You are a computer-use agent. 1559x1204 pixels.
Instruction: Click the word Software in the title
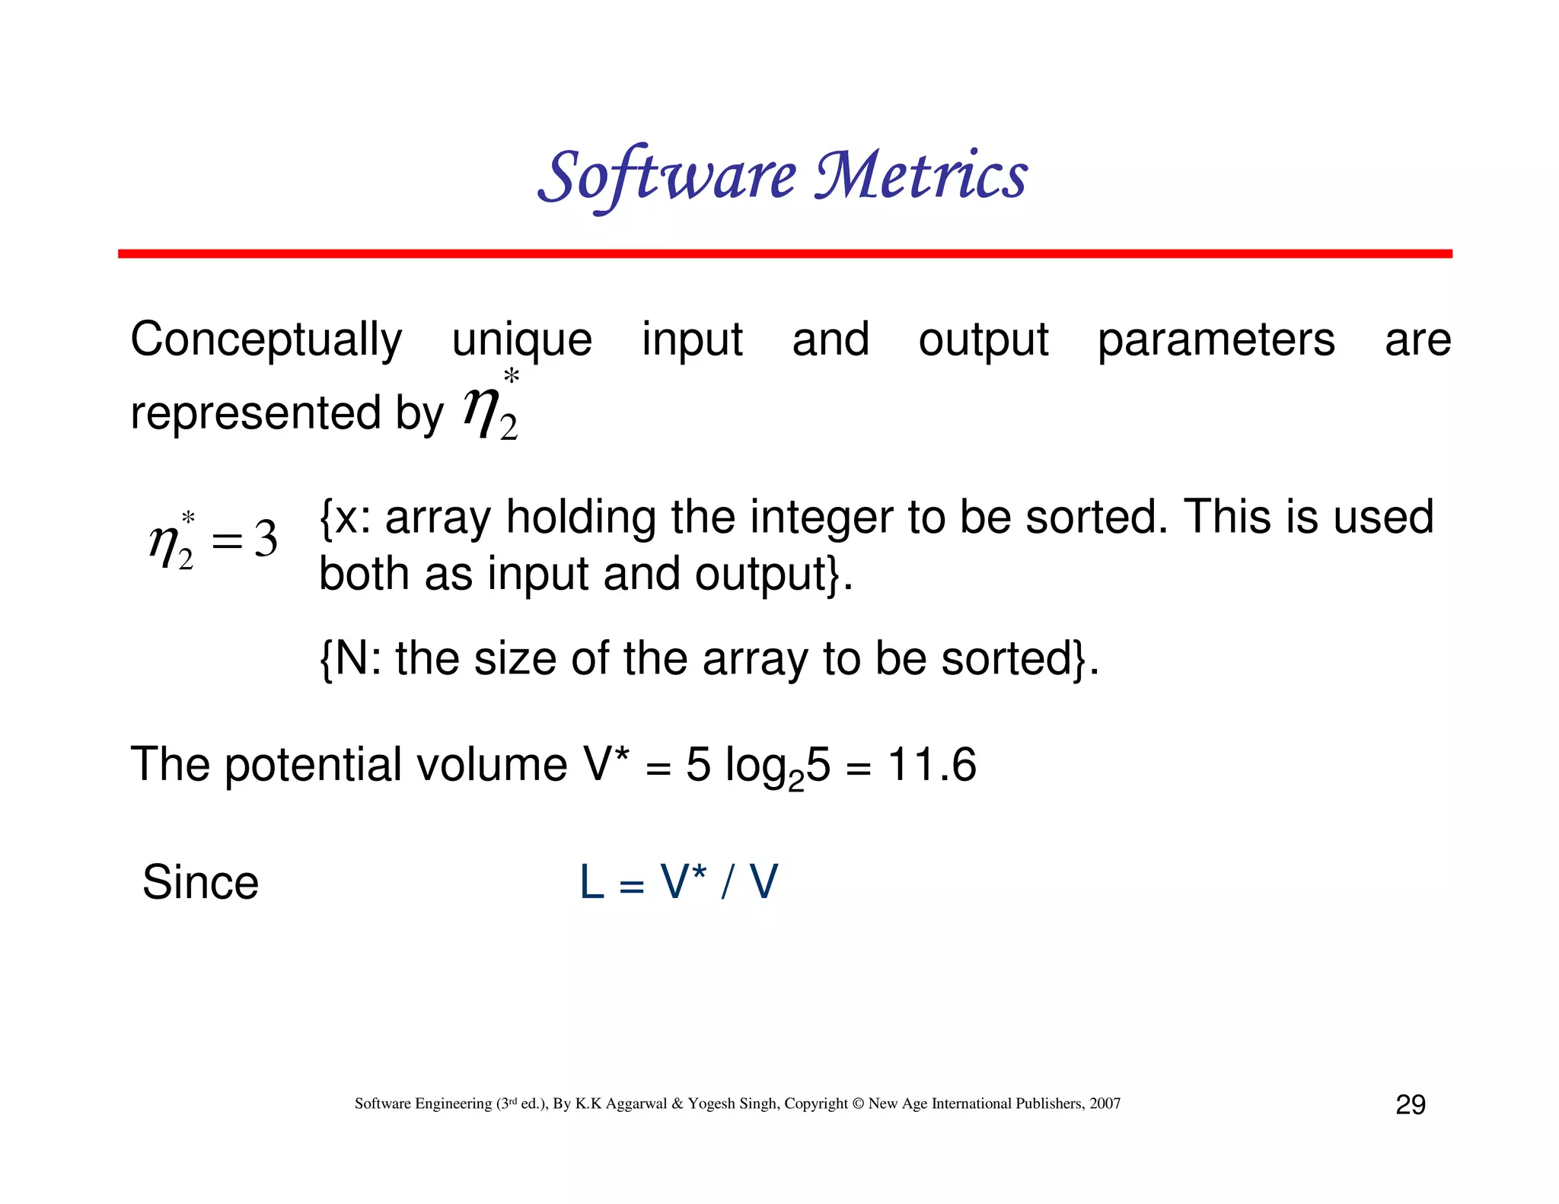point(666,177)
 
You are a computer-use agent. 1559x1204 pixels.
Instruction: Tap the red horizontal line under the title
point(784,253)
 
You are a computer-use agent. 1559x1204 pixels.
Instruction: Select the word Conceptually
point(266,340)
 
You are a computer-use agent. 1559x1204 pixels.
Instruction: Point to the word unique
point(521,340)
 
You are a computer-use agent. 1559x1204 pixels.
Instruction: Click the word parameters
point(1216,340)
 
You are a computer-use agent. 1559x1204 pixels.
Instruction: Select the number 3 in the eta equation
point(266,540)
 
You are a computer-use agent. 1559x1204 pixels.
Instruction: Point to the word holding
point(580,518)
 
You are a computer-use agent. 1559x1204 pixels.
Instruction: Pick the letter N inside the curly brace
point(352,658)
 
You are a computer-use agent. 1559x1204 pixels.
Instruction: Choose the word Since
point(201,883)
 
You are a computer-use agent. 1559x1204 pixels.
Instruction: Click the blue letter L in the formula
point(592,883)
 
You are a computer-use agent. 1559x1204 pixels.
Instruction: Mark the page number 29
point(1410,1104)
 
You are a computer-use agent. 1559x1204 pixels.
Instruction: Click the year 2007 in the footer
point(1105,1104)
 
